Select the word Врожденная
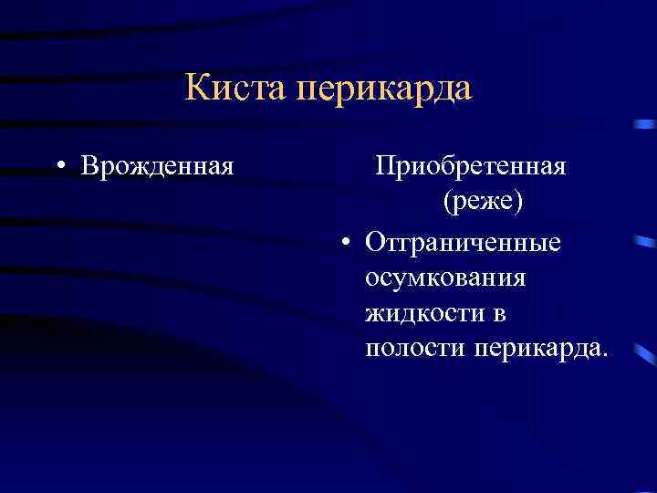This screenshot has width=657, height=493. point(157,167)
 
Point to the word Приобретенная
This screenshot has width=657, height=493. point(472,168)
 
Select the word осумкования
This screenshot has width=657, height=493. point(445,278)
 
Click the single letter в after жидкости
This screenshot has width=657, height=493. point(500,313)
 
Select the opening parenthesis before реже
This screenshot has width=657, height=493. point(447,203)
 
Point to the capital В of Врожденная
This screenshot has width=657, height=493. point(89,167)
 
